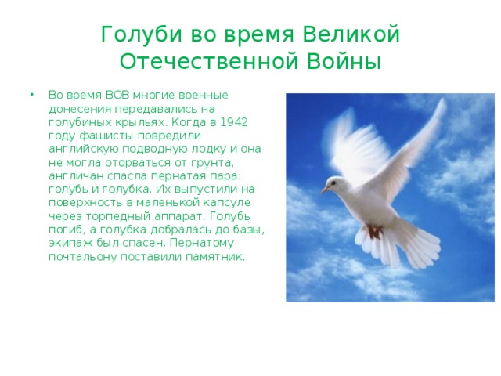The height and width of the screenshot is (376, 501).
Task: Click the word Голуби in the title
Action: tap(135, 35)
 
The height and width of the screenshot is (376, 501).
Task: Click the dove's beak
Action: tap(324, 190)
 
